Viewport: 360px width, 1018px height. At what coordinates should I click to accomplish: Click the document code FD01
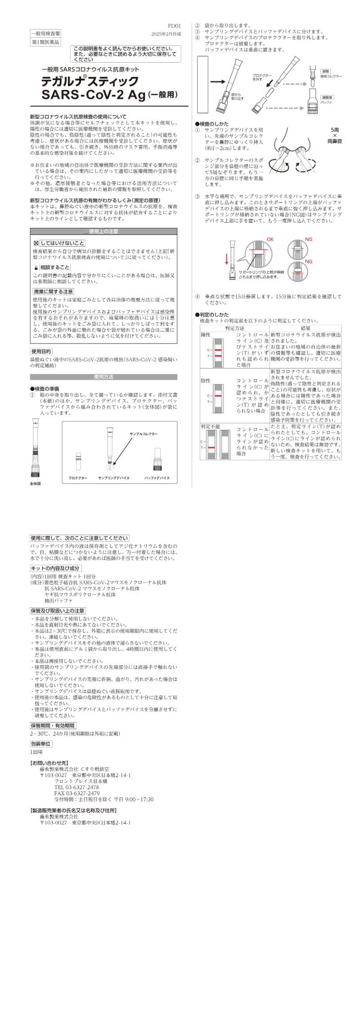click(174, 26)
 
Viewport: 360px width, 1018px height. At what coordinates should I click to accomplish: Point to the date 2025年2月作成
click(166, 34)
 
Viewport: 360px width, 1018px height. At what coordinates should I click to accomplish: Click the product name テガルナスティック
click(90, 81)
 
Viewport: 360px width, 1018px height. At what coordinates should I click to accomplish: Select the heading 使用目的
click(41, 351)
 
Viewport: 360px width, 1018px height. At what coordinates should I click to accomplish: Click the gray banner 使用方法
click(103, 377)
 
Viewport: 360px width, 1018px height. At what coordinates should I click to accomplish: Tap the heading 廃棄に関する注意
click(53, 292)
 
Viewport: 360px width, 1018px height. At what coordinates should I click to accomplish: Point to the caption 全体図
click(36, 483)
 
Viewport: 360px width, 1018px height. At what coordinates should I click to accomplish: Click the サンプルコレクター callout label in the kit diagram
click(144, 433)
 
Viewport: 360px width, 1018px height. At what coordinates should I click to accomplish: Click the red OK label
click(270, 239)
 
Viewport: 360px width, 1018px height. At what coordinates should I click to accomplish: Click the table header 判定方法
click(234, 329)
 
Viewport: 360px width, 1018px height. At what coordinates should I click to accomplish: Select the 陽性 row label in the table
click(206, 335)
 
